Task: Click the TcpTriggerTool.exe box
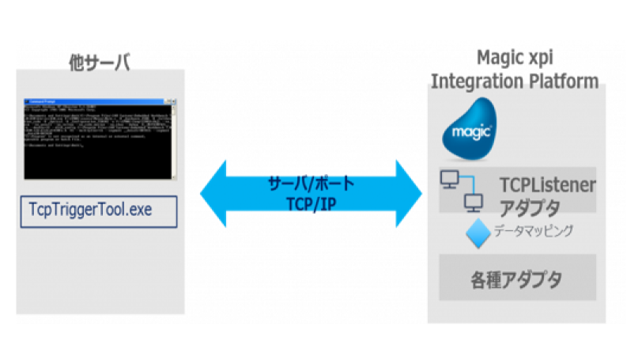click(x=98, y=211)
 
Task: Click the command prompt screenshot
click(x=98, y=138)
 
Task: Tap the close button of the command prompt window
click(x=170, y=101)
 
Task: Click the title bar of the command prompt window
click(x=87, y=101)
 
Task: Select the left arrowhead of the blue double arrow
click(x=212, y=193)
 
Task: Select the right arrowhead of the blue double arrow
click(x=410, y=193)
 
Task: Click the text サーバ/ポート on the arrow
click(x=310, y=183)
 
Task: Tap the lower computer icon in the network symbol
click(x=474, y=203)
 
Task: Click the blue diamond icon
click(x=475, y=235)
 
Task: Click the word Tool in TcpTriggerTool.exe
click(x=110, y=210)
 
